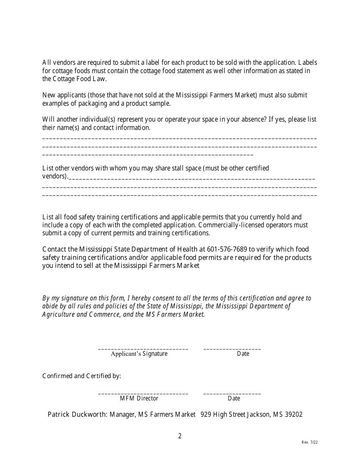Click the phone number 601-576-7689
click(x=227, y=249)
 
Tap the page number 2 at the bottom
click(x=180, y=436)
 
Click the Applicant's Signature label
click(x=139, y=354)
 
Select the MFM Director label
click(x=139, y=399)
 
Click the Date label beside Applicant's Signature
click(x=243, y=354)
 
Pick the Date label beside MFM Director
click(x=234, y=399)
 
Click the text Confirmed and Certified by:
click(x=81, y=376)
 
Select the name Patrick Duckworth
click(x=77, y=414)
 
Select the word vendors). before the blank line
click(x=55, y=176)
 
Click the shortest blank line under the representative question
click(x=148, y=155)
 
